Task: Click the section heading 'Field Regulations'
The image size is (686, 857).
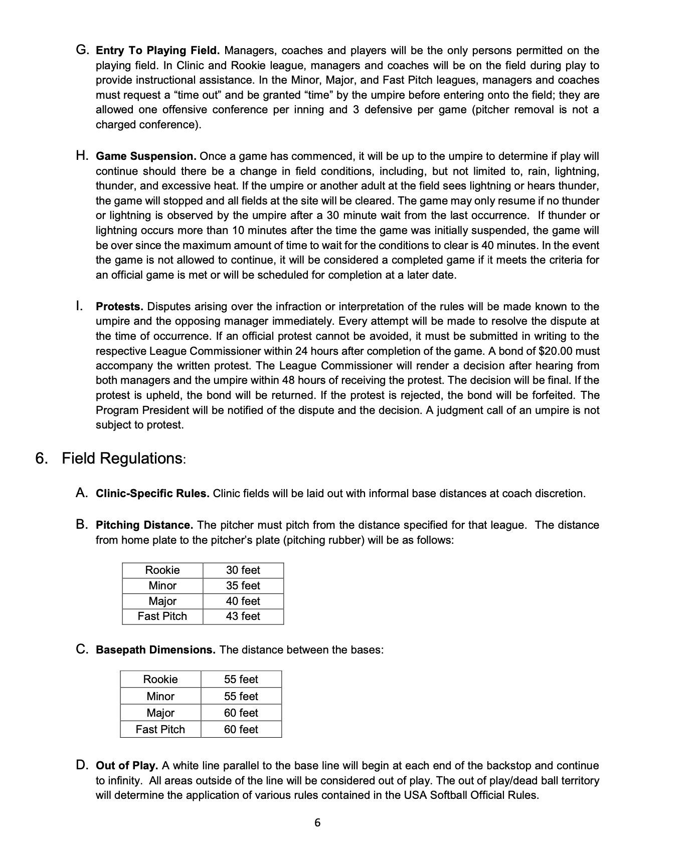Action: pyautogui.click(x=123, y=459)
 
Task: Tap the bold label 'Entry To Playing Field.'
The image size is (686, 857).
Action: pyautogui.click(x=157, y=51)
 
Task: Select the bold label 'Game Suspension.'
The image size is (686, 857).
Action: pyautogui.click(x=146, y=156)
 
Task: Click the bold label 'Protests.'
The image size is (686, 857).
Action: pyautogui.click(x=119, y=307)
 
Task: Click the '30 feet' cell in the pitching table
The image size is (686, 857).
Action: pyautogui.click(x=243, y=570)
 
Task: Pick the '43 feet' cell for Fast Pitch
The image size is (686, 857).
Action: pyautogui.click(x=243, y=616)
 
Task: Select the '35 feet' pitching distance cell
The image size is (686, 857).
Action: pyautogui.click(x=243, y=586)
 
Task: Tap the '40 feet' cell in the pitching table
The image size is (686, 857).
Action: pyautogui.click(x=243, y=601)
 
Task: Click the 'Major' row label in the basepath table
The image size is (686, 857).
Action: pyautogui.click(x=160, y=713)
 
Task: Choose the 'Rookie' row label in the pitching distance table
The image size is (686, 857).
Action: pyautogui.click(x=162, y=570)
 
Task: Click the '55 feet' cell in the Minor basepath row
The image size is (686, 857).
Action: pyautogui.click(x=241, y=697)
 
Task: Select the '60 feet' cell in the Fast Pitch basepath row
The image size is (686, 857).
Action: pyautogui.click(x=241, y=730)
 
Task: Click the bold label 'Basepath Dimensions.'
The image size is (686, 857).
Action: pyautogui.click(x=155, y=650)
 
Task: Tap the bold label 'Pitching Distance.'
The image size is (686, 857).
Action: pyautogui.click(x=144, y=525)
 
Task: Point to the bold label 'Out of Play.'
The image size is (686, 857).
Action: pyautogui.click(x=127, y=766)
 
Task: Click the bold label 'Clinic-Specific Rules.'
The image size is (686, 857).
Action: pyautogui.click(x=152, y=494)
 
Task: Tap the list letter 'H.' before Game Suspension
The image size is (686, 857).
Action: pyautogui.click(x=83, y=156)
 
